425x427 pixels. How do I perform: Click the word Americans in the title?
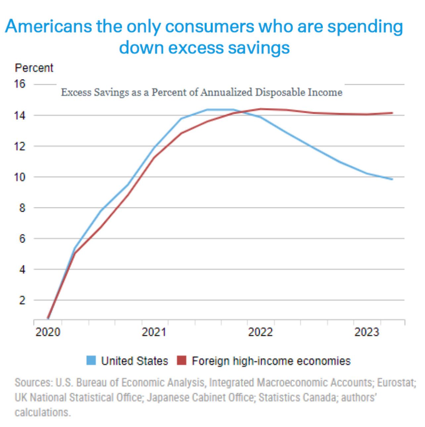48,27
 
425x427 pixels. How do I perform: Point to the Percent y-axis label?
34,68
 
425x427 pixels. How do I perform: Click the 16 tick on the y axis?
19,84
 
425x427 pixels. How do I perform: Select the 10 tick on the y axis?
19,177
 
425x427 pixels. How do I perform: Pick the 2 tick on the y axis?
22,300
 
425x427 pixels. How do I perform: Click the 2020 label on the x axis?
48,332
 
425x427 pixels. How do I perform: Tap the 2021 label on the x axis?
154,332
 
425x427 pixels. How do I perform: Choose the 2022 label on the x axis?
260,332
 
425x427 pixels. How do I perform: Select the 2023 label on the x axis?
366,332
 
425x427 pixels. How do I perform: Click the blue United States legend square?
91,360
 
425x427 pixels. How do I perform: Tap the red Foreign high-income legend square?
182,360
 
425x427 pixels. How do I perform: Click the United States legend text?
134,361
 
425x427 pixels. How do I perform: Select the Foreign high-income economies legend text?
271,361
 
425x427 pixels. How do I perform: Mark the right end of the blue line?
392,179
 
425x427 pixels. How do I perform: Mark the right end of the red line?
392,113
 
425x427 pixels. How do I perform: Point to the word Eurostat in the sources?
396,383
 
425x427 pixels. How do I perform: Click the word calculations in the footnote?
42,412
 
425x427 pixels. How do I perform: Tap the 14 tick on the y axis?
19,115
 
